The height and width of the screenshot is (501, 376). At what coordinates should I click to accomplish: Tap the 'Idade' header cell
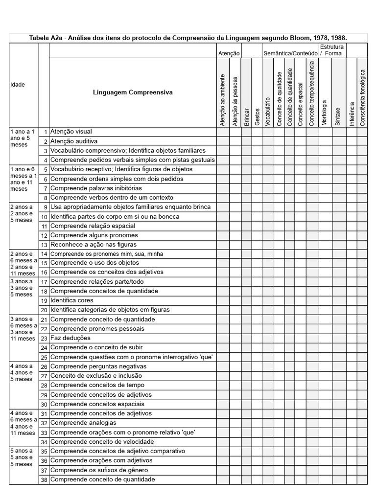click(x=18, y=85)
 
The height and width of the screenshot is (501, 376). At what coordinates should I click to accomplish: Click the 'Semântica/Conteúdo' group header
click(x=291, y=53)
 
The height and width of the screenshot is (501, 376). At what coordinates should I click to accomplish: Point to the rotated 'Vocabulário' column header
click(x=268, y=112)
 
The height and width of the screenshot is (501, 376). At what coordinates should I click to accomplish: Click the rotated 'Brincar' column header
click(x=246, y=117)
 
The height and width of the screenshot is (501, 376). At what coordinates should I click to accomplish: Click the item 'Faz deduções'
click(x=70, y=338)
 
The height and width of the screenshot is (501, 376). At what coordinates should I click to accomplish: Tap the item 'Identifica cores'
click(x=71, y=300)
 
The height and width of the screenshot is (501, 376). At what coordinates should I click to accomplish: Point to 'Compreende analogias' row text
click(x=83, y=423)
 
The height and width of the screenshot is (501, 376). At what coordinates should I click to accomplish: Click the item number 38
click(x=44, y=480)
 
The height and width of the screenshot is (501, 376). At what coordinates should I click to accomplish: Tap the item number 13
click(x=44, y=245)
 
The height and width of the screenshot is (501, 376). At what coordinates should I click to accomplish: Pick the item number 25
click(x=44, y=357)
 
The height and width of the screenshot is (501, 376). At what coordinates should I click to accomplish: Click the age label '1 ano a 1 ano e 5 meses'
click(x=22, y=138)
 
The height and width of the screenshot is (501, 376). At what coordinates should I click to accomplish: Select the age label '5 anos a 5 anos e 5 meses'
click(x=22, y=457)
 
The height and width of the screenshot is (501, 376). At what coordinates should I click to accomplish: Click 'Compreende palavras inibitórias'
click(x=96, y=188)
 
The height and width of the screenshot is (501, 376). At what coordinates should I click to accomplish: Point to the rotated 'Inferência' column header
click(x=352, y=114)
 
